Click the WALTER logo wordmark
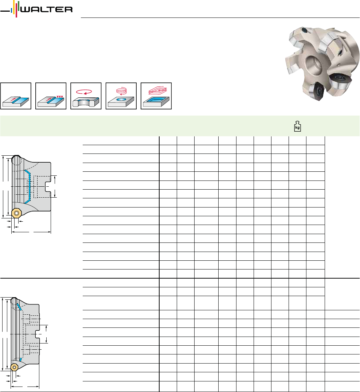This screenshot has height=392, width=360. click(47, 9)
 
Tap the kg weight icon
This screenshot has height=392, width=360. click(297, 127)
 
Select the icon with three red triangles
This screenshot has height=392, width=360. click(51, 96)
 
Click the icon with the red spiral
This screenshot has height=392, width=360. click(121, 96)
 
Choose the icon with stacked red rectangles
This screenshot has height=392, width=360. click(156, 96)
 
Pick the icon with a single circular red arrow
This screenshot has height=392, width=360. click(86, 96)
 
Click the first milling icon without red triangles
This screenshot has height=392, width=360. click(16, 96)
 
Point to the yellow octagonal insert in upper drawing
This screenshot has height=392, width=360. click(16, 213)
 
